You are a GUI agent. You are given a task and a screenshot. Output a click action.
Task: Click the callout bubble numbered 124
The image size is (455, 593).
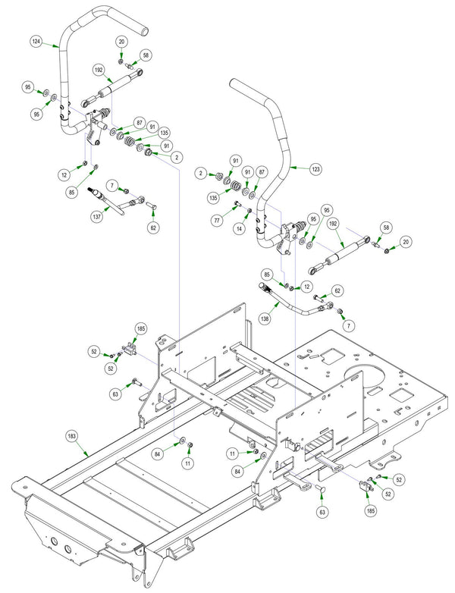pos(36,41)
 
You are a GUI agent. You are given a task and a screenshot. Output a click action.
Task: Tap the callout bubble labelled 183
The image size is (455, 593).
pos(72,436)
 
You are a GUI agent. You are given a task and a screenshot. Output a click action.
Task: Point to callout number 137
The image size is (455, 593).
pos(96,217)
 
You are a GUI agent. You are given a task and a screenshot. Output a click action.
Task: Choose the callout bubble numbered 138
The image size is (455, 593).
pos(265,318)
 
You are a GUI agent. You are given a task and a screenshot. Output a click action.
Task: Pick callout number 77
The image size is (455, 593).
pos(217,221)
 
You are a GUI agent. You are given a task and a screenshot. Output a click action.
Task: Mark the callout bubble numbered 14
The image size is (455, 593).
pos(239,228)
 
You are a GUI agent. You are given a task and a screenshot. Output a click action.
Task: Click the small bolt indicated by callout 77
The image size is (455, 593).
pos(237,205)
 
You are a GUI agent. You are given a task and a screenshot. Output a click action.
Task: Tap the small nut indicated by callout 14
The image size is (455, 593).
pos(249,210)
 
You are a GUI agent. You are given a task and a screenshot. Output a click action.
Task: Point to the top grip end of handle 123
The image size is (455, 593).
pos(234,83)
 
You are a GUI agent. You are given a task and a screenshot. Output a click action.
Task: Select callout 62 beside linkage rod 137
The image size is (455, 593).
pos(153,227)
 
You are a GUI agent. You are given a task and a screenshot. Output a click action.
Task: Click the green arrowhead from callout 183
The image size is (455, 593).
pos(87,453)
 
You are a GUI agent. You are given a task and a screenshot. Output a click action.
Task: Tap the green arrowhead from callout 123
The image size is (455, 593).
pos(292,166)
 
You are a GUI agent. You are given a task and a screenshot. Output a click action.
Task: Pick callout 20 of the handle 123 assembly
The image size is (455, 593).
pos(406,242)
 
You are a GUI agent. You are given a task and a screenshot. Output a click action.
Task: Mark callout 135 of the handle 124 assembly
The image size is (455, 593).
pos(164,133)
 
